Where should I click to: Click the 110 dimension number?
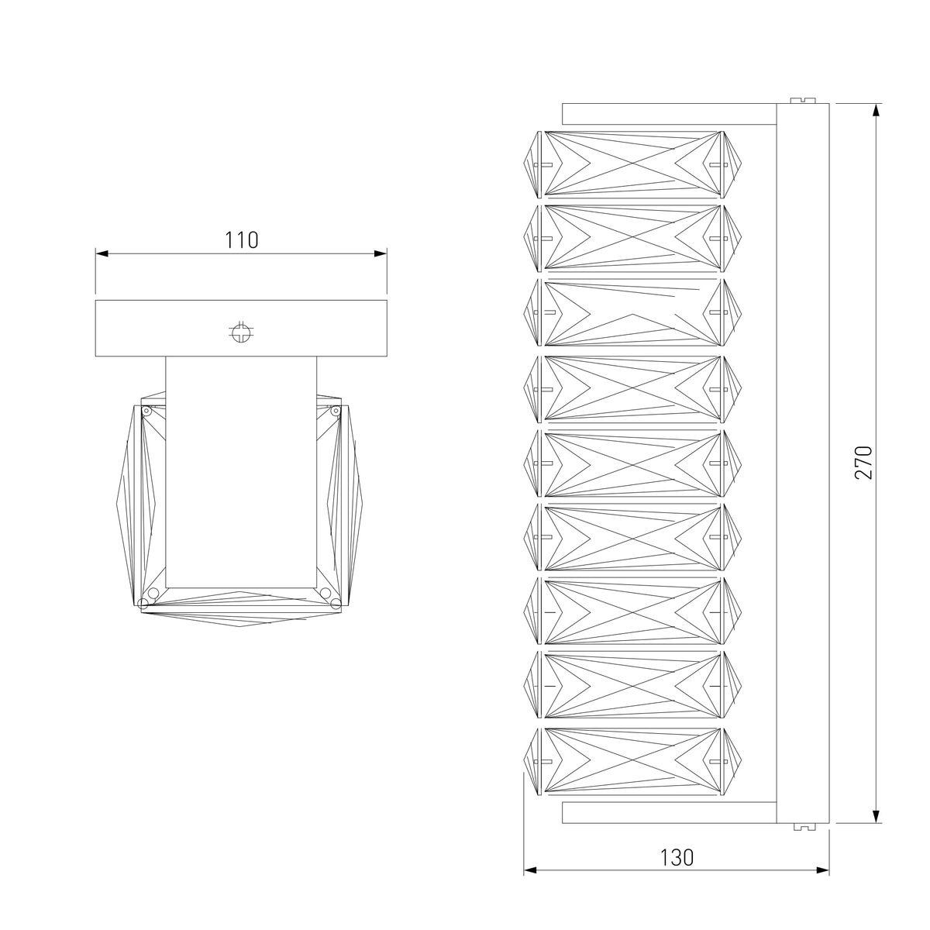[x=242, y=240]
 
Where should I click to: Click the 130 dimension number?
[x=677, y=858]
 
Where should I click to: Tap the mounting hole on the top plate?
[x=241, y=333]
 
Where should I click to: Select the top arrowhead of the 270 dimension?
[x=877, y=109]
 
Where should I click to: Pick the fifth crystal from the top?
[x=632, y=463]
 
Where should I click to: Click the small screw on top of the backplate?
[x=803, y=99]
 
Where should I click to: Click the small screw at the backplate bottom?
[x=803, y=826]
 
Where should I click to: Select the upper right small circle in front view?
[x=335, y=411]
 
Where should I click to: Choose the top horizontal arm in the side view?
[x=669, y=113]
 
